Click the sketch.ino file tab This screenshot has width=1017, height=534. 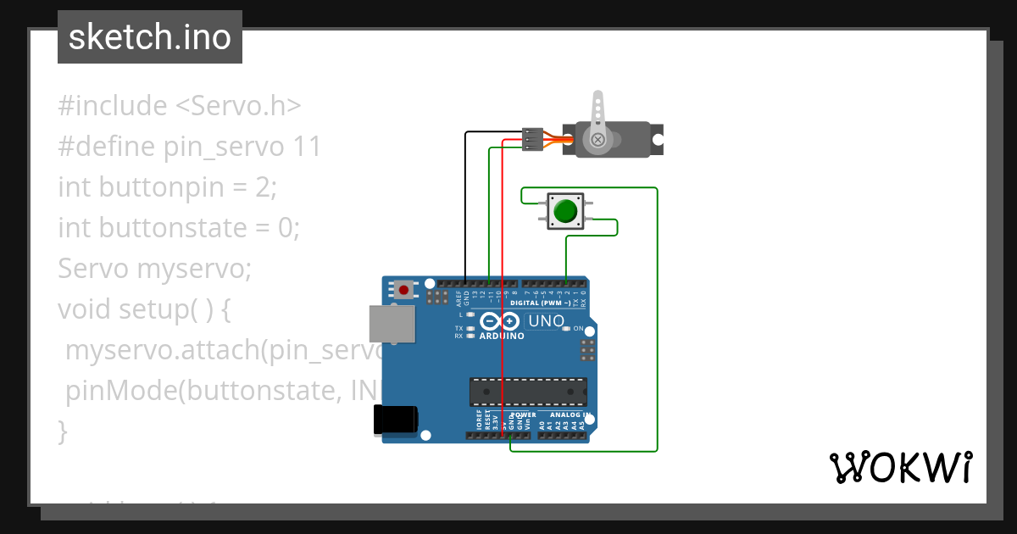(150, 37)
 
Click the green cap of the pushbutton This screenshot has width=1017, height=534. (565, 209)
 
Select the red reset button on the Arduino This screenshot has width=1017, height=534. (403, 290)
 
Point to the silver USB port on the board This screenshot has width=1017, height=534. (392, 325)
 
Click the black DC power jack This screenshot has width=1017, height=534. (395, 420)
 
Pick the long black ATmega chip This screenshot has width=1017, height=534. (528, 392)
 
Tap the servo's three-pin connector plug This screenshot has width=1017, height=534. (532, 139)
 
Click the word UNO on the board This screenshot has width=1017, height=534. (546, 322)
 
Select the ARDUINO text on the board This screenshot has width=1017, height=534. (502, 336)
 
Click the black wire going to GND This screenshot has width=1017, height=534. (465, 212)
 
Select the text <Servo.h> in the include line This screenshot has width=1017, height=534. (238, 106)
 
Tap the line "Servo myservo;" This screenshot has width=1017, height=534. (155, 269)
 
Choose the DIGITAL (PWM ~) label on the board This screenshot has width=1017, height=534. (540, 303)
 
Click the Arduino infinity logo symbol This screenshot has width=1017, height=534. (499, 321)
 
